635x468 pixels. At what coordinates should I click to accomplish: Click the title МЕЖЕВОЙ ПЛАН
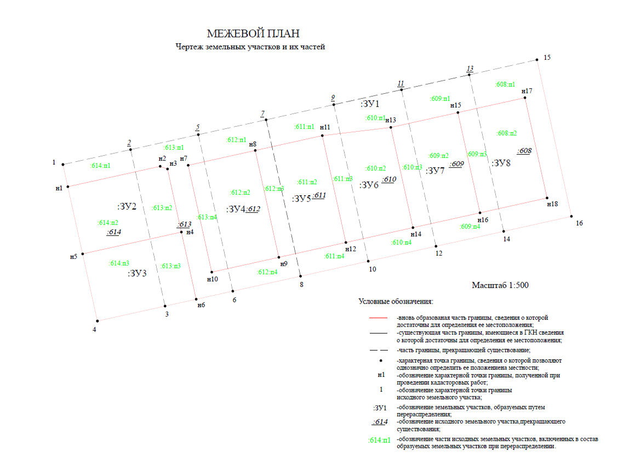[x=253, y=34]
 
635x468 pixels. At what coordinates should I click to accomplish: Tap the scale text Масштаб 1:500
[x=500, y=285]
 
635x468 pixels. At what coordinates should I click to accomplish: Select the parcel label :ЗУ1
[x=370, y=104]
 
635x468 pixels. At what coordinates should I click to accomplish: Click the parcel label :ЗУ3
[x=137, y=273]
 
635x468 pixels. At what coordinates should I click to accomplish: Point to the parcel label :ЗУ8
[x=501, y=163]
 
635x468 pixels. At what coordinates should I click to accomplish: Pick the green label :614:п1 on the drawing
[x=100, y=166]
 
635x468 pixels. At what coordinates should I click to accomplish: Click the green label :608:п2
[x=507, y=133]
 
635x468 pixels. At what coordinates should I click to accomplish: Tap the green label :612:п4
[x=267, y=272]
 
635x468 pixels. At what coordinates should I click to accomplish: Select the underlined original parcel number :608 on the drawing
[x=524, y=151]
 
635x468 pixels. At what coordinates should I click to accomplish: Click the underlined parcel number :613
[x=184, y=224]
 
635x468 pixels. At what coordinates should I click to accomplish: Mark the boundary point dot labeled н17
[x=525, y=98]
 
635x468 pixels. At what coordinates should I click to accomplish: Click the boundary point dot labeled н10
[x=211, y=272]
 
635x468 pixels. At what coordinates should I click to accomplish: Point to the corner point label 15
[x=546, y=58]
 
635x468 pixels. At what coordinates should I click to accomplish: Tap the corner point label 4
[x=94, y=330]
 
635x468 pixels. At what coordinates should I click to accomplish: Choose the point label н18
[x=552, y=204]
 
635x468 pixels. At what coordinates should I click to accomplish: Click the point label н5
[x=73, y=256]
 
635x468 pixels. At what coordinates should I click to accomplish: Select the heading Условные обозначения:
[x=396, y=302]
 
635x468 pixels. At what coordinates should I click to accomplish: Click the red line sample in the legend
[x=379, y=318]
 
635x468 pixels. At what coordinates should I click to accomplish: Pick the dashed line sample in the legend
[x=379, y=350]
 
